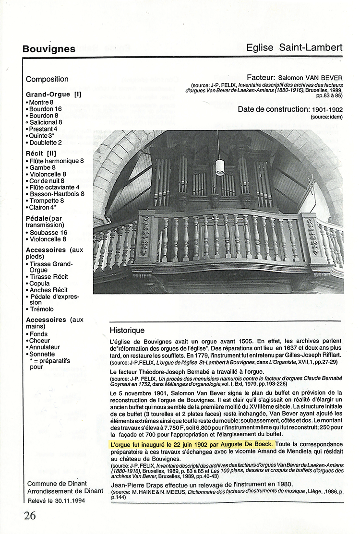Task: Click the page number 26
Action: pyautogui.click(x=30, y=515)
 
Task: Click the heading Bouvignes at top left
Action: pyautogui.click(x=49, y=49)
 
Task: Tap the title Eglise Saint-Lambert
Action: pyautogui.click(x=294, y=47)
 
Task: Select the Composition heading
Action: pyautogui.click(x=47, y=79)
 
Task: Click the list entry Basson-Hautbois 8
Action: pyautogui.click(x=57, y=194)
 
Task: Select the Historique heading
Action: pyautogui.click(x=127, y=331)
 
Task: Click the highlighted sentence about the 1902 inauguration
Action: pyautogui.click(x=192, y=444)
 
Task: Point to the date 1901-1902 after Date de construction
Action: pyautogui.click(x=324, y=109)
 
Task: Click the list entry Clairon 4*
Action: pyautogui.click(x=46, y=207)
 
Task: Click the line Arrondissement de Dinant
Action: pyautogui.click(x=65, y=491)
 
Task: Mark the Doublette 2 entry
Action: pyautogui.click(x=46, y=142)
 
